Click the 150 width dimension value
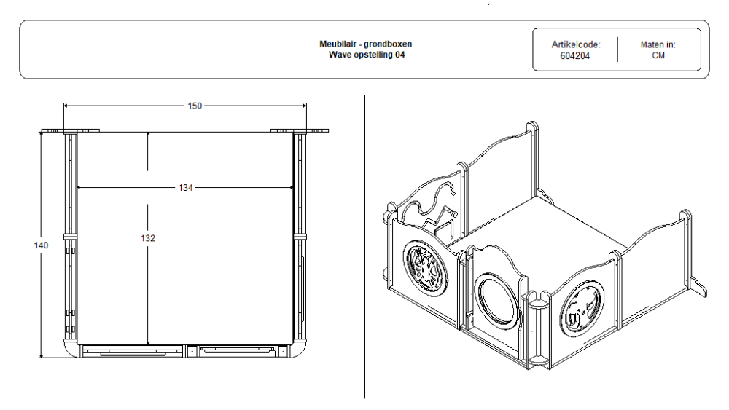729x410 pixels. [195, 106]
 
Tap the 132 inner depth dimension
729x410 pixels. [148, 238]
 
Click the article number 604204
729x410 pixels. [575, 55]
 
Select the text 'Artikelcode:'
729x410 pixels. [575, 44]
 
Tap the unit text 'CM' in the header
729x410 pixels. [658, 55]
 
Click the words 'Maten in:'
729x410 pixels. [658, 44]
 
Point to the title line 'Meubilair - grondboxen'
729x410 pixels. [365, 44]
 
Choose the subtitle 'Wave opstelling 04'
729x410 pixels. [365, 55]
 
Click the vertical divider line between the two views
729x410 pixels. [364, 248]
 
